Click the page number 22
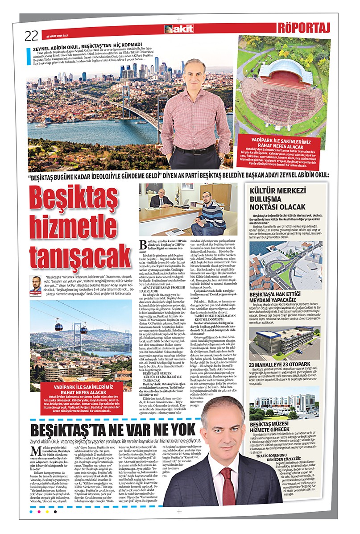click(31, 35)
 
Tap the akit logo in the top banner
click(179, 29)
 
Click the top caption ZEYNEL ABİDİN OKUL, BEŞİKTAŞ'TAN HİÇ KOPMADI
click(91, 44)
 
